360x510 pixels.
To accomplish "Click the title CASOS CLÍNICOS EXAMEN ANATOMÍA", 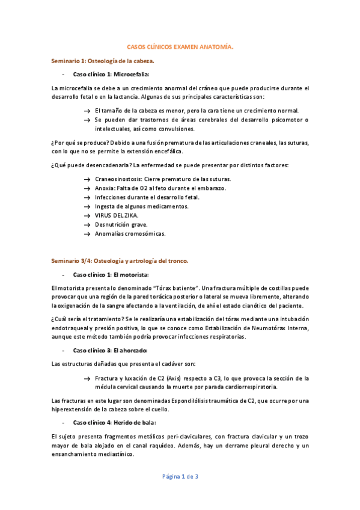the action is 180,46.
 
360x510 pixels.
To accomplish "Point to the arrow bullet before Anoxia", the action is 88,188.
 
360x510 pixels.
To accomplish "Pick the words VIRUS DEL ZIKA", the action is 116,215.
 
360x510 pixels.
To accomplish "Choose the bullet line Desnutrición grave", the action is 121,224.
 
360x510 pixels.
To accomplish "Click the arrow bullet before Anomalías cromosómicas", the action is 88,233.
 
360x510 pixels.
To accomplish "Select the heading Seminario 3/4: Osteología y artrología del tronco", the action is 120,260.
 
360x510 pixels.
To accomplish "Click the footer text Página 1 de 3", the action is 180,476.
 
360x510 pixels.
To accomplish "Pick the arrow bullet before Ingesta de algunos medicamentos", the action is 88,206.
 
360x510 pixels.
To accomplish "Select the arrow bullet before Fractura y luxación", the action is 88,378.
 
